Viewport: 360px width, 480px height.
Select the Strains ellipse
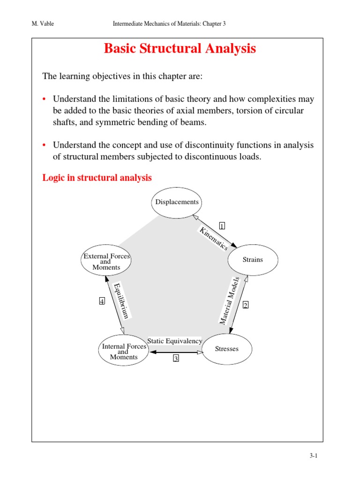(253, 260)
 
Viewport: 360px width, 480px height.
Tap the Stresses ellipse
(227, 349)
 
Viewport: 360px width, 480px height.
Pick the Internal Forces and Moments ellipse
(123, 352)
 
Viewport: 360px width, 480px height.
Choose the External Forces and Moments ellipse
(106, 262)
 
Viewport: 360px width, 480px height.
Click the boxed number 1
(222, 225)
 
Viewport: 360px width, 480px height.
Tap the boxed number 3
(176, 359)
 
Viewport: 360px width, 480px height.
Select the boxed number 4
(102, 301)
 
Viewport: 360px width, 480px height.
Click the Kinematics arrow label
(214, 238)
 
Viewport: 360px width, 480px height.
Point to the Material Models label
(230, 300)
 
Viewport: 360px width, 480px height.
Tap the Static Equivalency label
(175, 341)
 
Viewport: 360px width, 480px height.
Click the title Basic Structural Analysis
(180, 49)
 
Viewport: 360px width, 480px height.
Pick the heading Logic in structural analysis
(97, 178)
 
